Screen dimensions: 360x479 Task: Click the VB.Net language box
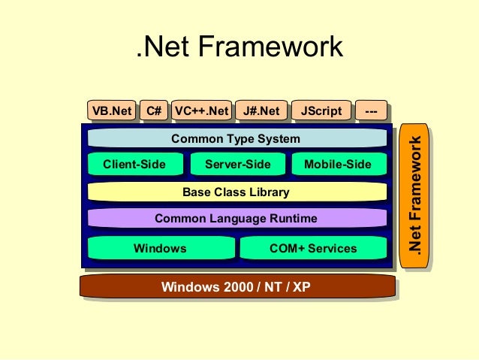pos(111,111)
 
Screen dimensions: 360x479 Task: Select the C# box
pos(154,111)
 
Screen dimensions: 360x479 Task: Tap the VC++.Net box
pos(201,111)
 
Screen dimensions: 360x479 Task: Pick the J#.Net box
pos(261,111)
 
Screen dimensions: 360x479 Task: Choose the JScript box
pos(321,111)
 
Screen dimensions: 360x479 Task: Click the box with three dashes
pos(370,111)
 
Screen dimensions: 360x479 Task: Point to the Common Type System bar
pos(236,139)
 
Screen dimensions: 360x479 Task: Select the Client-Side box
pos(134,165)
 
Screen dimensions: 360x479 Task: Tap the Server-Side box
pos(237,165)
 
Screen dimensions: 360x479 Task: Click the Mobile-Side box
pos(338,165)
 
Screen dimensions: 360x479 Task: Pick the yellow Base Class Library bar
pos(236,192)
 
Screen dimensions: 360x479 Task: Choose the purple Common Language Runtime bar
pos(236,219)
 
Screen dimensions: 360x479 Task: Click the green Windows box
pos(160,248)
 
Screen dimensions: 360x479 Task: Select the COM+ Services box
pos(313,248)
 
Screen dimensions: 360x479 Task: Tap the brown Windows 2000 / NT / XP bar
pos(236,287)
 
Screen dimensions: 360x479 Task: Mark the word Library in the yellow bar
pos(268,192)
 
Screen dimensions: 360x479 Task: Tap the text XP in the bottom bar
pos(301,287)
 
